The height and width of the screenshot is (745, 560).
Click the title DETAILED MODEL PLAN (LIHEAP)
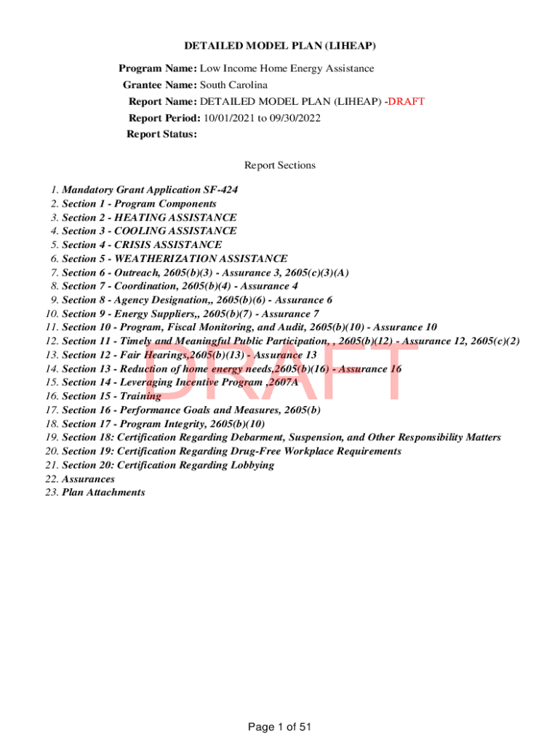[x=280, y=46]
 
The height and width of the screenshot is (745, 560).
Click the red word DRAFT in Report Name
[x=406, y=101]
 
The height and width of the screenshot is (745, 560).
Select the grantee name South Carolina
[x=233, y=84]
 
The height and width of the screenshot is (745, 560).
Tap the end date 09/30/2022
[x=295, y=118]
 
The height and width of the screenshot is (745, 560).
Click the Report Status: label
[x=161, y=134]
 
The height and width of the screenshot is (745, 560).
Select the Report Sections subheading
[x=280, y=165]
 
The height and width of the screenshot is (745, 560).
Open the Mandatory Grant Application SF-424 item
[x=150, y=190]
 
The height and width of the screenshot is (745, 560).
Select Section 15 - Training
[x=111, y=396]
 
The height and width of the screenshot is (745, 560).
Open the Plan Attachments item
[x=103, y=493]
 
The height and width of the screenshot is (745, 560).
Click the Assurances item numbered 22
[x=88, y=479]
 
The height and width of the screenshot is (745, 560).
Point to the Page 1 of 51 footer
[x=280, y=726]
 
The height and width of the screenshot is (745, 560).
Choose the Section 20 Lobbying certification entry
[x=168, y=465]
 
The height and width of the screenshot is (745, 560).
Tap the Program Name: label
[x=158, y=68]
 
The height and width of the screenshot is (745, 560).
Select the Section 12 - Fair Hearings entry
[x=189, y=355]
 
